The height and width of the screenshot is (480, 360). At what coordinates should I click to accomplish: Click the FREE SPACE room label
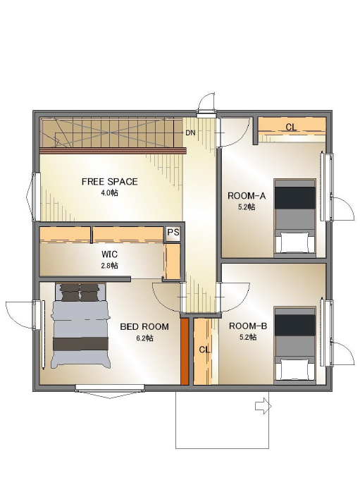point(109,182)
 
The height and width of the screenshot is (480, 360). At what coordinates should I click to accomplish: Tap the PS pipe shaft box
point(173,233)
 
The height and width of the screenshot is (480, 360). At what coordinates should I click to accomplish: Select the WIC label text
point(109,254)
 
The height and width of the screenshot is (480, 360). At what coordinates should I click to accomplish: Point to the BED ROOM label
point(144,326)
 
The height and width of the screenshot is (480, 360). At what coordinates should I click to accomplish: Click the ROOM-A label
point(247,196)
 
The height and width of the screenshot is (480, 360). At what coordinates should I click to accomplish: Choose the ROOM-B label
point(248,326)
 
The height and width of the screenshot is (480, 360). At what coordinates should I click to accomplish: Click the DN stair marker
point(190,133)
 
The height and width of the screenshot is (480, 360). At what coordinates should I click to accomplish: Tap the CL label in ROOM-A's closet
point(291,127)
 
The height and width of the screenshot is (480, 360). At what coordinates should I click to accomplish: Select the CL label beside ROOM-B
point(204,350)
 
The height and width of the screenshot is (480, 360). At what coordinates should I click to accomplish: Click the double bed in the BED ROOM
point(80,326)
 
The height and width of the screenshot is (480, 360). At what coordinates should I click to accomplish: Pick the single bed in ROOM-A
point(294,218)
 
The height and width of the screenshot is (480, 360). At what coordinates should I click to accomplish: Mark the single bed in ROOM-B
point(294,345)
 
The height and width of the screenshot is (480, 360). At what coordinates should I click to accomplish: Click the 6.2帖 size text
point(144,338)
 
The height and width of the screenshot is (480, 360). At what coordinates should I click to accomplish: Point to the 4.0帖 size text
point(110,193)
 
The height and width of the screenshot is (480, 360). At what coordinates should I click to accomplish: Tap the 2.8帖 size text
point(109,266)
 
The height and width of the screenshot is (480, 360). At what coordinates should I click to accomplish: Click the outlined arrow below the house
point(263,407)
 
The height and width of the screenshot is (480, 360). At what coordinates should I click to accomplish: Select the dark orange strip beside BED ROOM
point(184,352)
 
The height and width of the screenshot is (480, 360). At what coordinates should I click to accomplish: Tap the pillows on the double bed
point(80,292)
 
